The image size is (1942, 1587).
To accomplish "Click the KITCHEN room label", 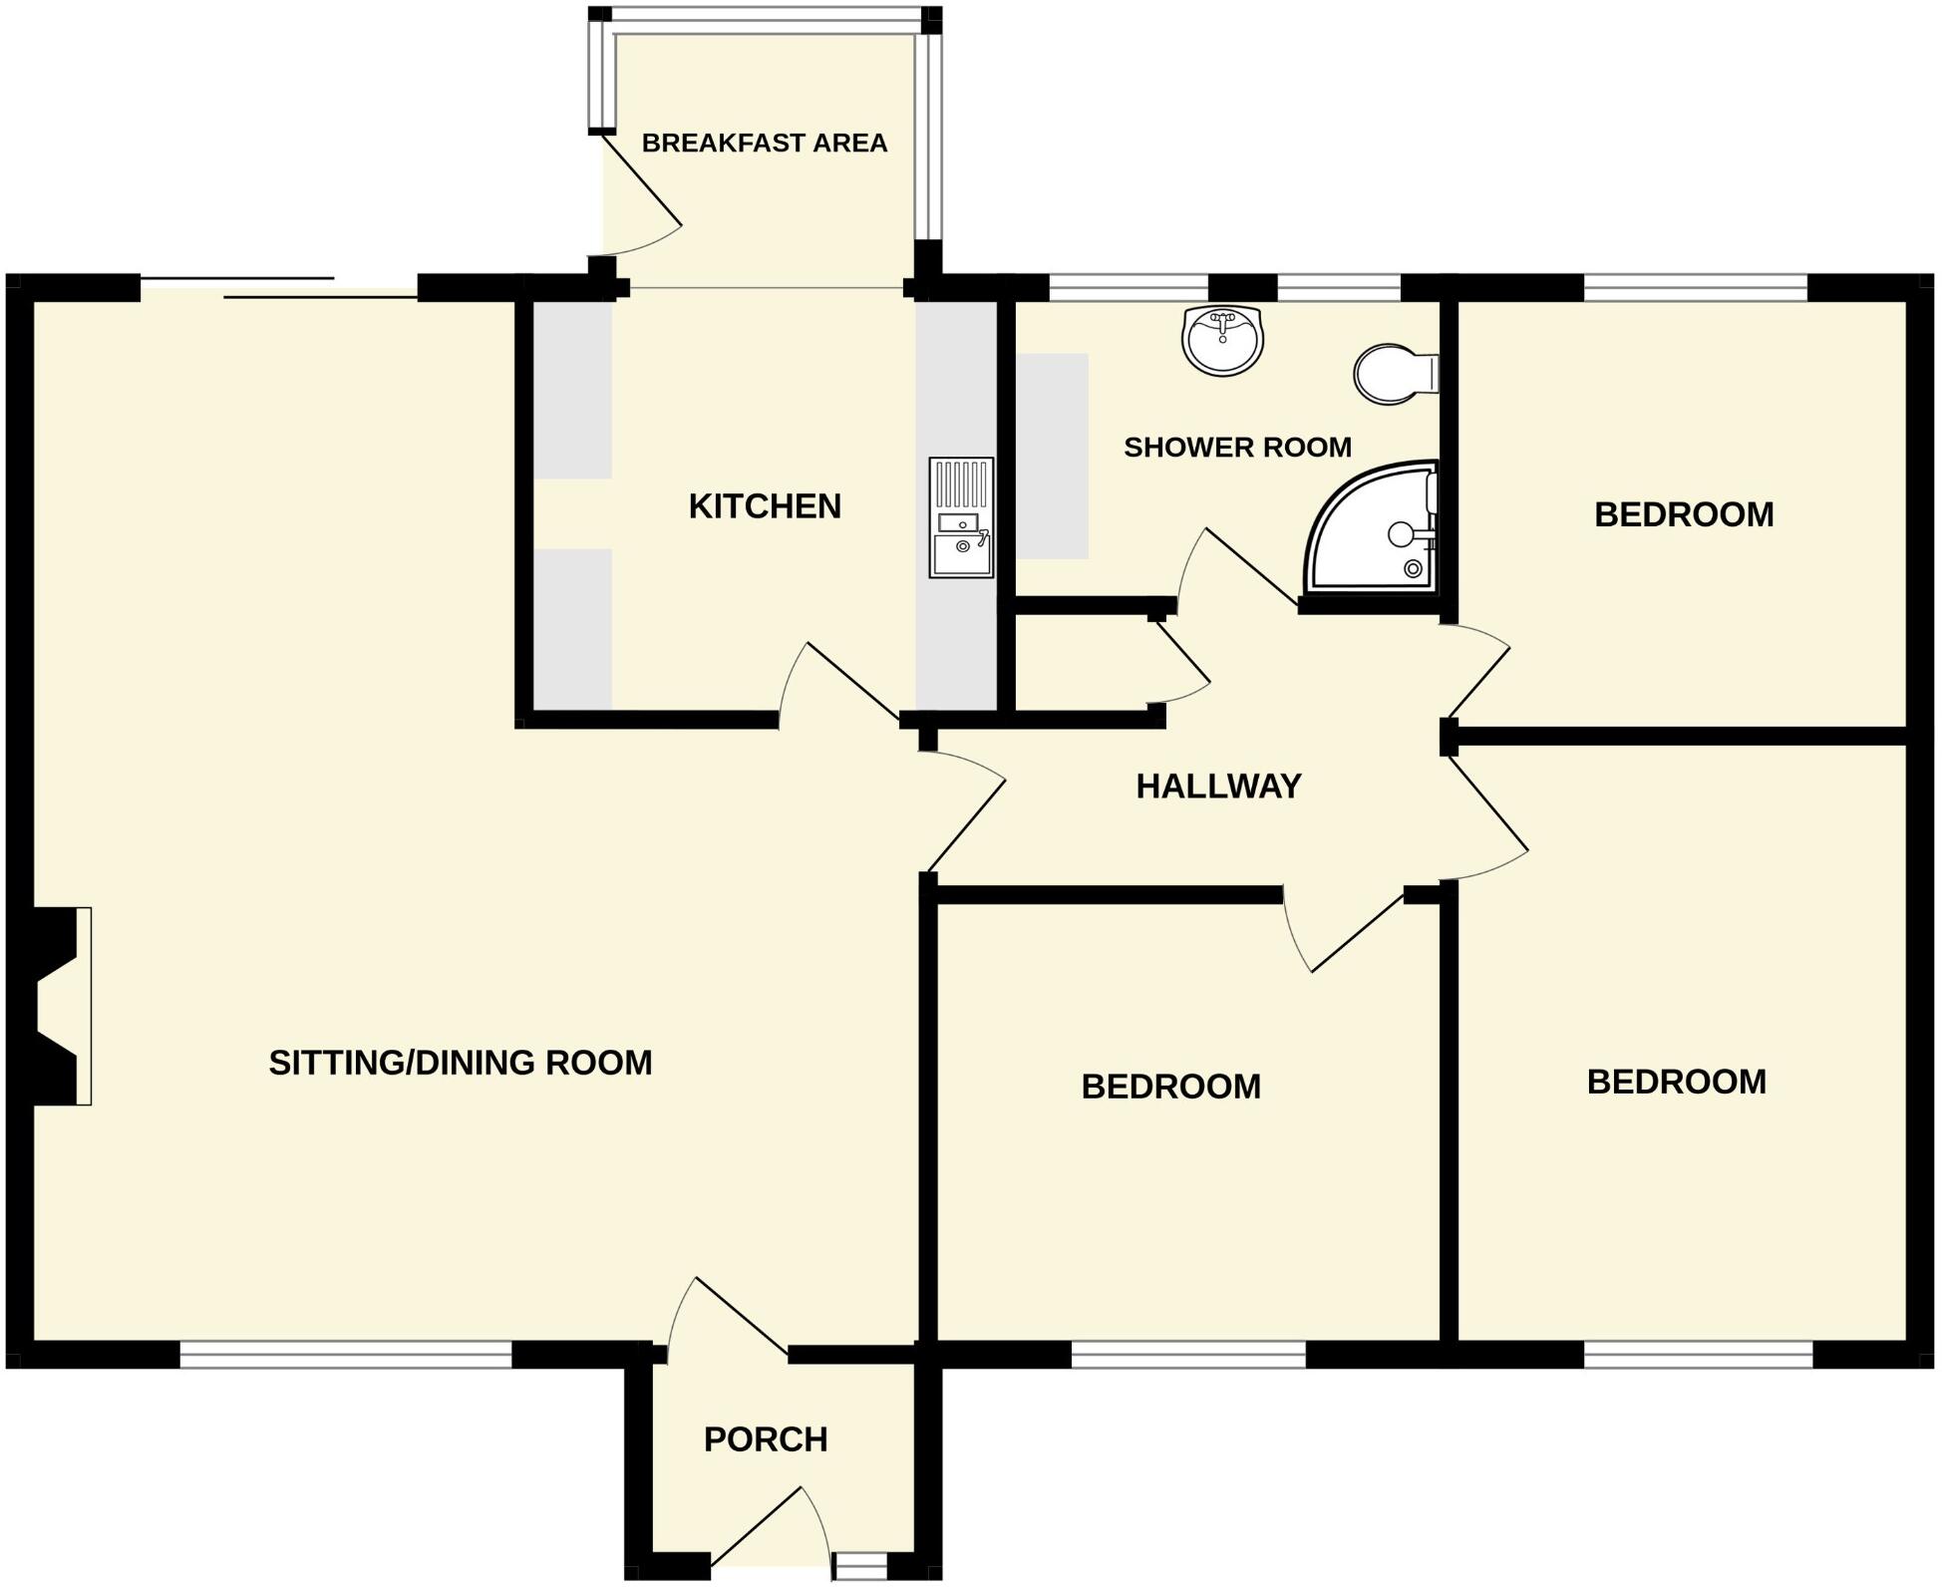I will coord(765,506).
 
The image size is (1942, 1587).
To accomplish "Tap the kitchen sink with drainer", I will coord(961,518).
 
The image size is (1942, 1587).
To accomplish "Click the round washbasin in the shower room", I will coord(1222,340).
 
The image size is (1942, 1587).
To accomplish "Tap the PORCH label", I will coord(766,1439).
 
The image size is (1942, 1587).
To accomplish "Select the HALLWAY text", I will coord(1218,787).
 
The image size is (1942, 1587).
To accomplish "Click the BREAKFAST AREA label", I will coord(764,144).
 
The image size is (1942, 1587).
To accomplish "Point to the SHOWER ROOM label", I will coord(1237,448).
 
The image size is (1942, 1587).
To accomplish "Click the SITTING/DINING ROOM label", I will coord(461,1063).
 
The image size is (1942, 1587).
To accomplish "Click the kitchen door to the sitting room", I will coord(847,683).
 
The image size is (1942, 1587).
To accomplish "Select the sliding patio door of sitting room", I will coord(279,286).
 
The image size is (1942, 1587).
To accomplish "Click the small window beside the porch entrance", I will coord(859,1568).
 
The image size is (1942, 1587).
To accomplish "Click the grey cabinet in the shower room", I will coord(1052,457).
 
